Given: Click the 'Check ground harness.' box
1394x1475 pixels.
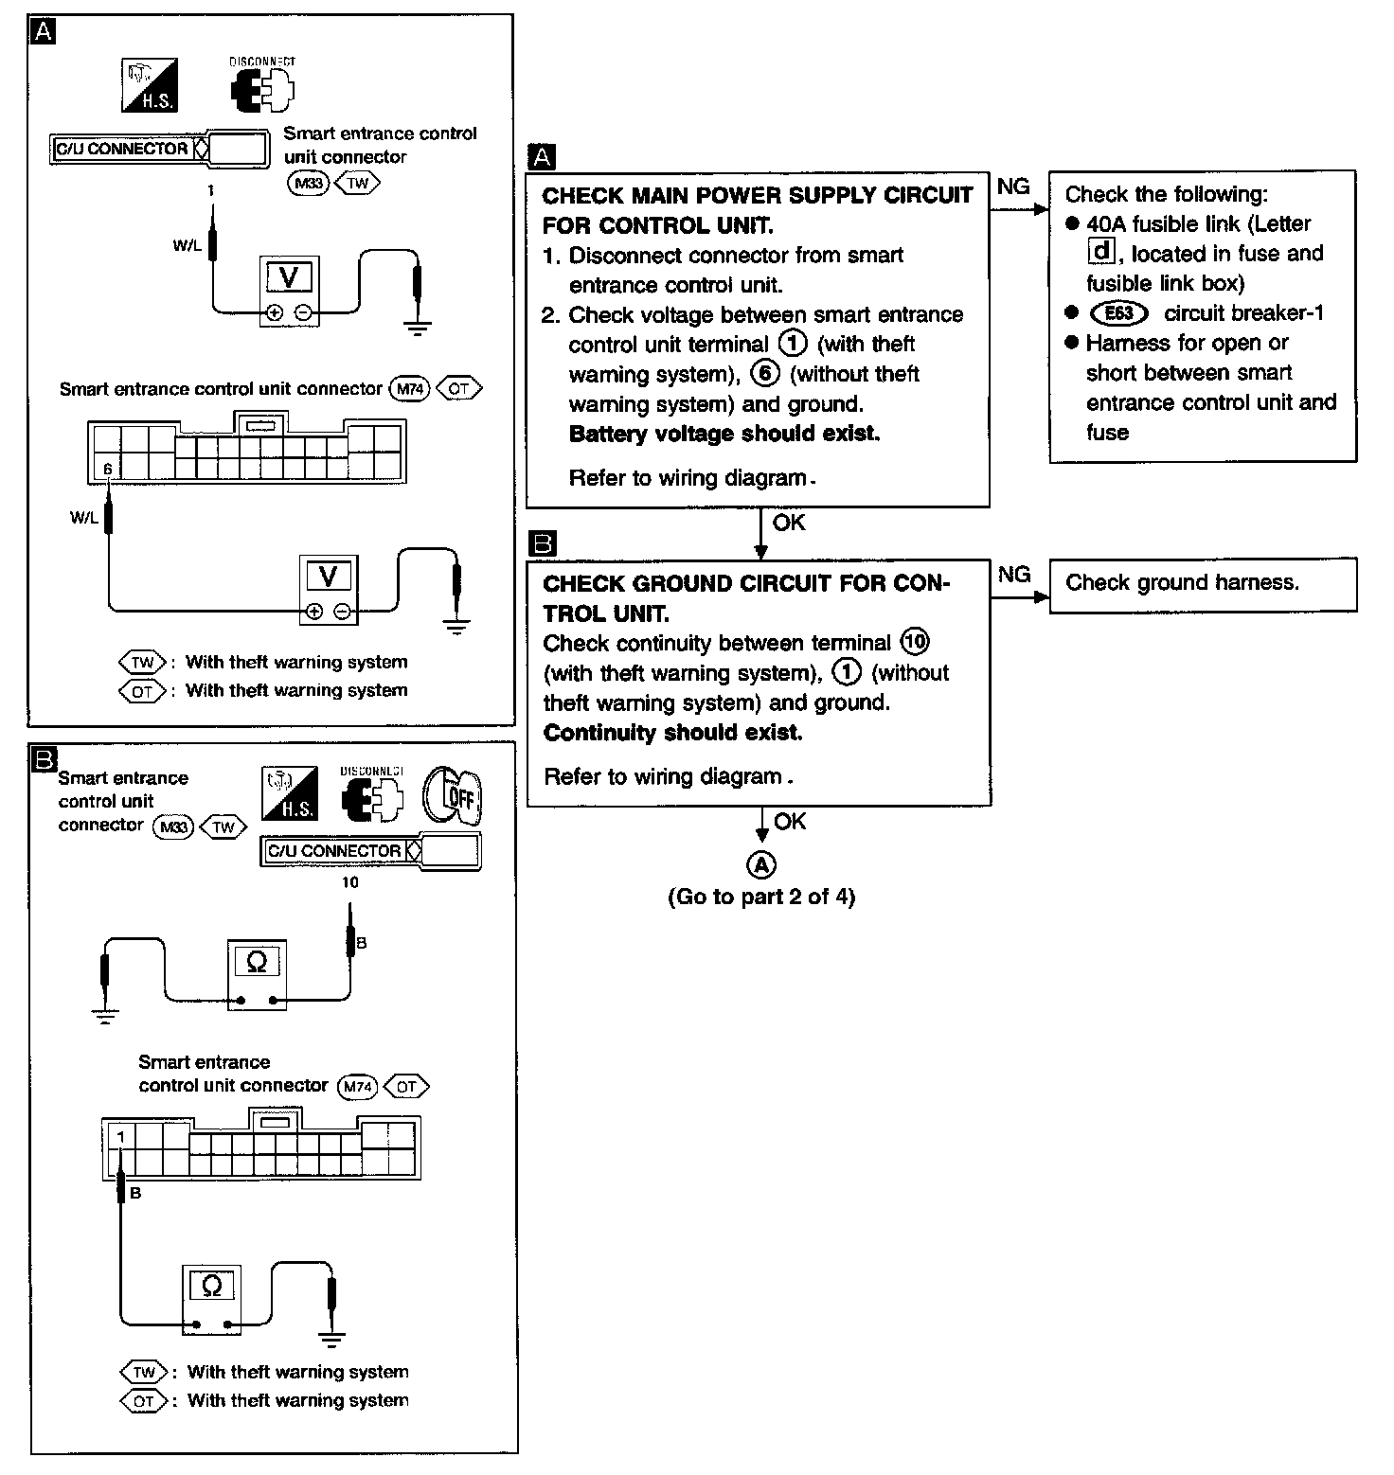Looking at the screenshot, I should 1202,584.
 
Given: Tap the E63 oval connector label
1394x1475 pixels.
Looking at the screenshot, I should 1118,313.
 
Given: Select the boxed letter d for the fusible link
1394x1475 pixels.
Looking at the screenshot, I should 1100,252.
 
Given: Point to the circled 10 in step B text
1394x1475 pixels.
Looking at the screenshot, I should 915,642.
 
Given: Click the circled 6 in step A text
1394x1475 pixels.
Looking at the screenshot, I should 764,374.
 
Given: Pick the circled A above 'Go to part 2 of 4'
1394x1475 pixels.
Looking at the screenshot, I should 761,863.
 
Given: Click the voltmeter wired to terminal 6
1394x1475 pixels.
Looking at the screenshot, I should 329,588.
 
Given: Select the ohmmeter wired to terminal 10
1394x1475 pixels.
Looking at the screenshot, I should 257,975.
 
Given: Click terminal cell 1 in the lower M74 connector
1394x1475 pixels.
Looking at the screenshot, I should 120,1135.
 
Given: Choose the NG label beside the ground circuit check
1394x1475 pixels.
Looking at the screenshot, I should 1014,575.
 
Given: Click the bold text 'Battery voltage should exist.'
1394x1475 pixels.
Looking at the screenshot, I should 724,434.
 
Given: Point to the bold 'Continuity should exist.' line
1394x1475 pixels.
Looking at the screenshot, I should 672,733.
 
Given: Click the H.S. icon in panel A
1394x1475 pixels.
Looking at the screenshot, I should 150,86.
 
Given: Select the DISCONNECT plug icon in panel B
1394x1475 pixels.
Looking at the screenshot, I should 371,796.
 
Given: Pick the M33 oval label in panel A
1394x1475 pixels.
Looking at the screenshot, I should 308,183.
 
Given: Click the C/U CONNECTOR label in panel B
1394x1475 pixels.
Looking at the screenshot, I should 334,851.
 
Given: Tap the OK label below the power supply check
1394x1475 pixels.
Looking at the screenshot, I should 789,523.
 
